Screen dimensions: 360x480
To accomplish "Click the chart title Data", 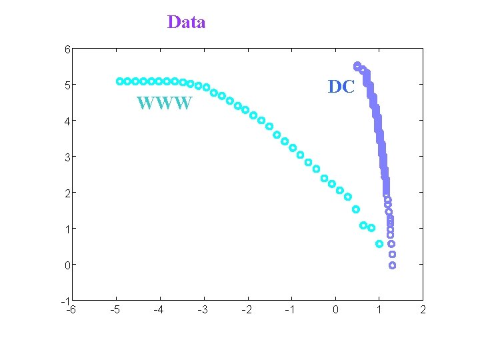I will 186,22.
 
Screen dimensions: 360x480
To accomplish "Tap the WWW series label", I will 165,103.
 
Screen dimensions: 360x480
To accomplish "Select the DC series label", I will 341,87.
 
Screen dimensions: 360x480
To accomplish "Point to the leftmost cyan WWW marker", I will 119,81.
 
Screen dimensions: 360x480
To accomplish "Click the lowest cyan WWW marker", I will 379,244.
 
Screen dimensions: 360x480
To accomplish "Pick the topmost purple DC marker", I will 357,65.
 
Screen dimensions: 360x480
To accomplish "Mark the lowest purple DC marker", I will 392,265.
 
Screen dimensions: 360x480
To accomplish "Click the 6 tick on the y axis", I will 68,49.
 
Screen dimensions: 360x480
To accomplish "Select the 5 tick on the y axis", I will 68,85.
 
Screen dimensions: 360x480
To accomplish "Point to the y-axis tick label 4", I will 68,121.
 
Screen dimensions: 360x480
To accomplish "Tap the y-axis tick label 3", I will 68,157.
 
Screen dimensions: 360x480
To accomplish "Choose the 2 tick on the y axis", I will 68,193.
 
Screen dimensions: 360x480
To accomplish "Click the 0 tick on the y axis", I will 68,265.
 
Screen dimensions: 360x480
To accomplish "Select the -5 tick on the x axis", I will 115,309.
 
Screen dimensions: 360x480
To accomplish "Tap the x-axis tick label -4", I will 159,309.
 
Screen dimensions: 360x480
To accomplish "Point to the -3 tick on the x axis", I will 203,309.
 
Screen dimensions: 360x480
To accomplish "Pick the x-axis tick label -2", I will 247,309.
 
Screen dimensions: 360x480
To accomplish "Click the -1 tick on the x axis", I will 290,309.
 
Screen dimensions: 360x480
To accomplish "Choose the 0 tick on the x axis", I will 335,309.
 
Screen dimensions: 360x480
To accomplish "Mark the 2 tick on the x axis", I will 423,309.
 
